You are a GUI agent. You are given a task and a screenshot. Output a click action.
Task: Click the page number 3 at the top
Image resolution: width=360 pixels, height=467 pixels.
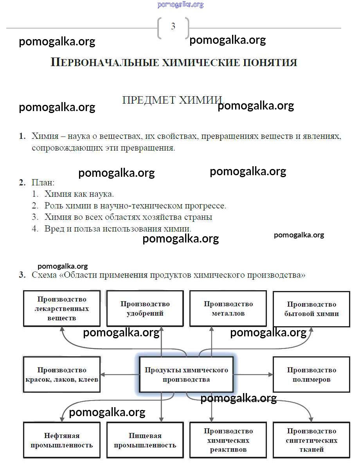(x=173, y=27)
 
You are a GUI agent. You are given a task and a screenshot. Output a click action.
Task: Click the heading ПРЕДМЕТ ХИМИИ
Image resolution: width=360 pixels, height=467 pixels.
(x=172, y=100)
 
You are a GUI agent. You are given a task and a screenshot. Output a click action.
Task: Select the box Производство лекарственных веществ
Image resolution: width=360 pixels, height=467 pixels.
(x=62, y=308)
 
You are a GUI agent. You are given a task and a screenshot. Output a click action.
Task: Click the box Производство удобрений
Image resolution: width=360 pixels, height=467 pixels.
(x=145, y=308)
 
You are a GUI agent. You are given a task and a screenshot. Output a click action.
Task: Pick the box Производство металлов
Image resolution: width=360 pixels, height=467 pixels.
(x=228, y=308)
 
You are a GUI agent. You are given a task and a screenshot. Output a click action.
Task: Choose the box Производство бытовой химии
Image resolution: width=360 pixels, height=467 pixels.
(x=311, y=309)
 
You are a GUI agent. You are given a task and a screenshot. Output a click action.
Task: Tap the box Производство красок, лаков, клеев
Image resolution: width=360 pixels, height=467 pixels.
(x=62, y=374)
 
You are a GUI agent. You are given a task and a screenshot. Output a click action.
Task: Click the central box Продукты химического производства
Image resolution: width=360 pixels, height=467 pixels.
(x=186, y=374)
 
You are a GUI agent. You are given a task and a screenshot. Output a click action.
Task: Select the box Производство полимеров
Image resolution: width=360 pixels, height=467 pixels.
(x=311, y=374)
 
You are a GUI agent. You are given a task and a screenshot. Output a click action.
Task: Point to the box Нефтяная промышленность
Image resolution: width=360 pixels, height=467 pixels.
(x=62, y=440)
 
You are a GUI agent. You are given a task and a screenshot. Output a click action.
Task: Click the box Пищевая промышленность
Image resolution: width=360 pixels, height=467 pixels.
(x=145, y=440)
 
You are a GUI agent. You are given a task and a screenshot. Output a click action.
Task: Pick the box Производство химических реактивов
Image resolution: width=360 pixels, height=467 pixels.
(x=228, y=440)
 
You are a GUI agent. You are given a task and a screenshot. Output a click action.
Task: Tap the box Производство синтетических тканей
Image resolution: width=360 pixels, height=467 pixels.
(x=311, y=440)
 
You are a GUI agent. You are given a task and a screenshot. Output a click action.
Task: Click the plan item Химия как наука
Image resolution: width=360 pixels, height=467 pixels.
(x=79, y=194)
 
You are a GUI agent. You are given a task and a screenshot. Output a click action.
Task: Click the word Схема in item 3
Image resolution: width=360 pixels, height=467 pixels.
(x=44, y=275)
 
